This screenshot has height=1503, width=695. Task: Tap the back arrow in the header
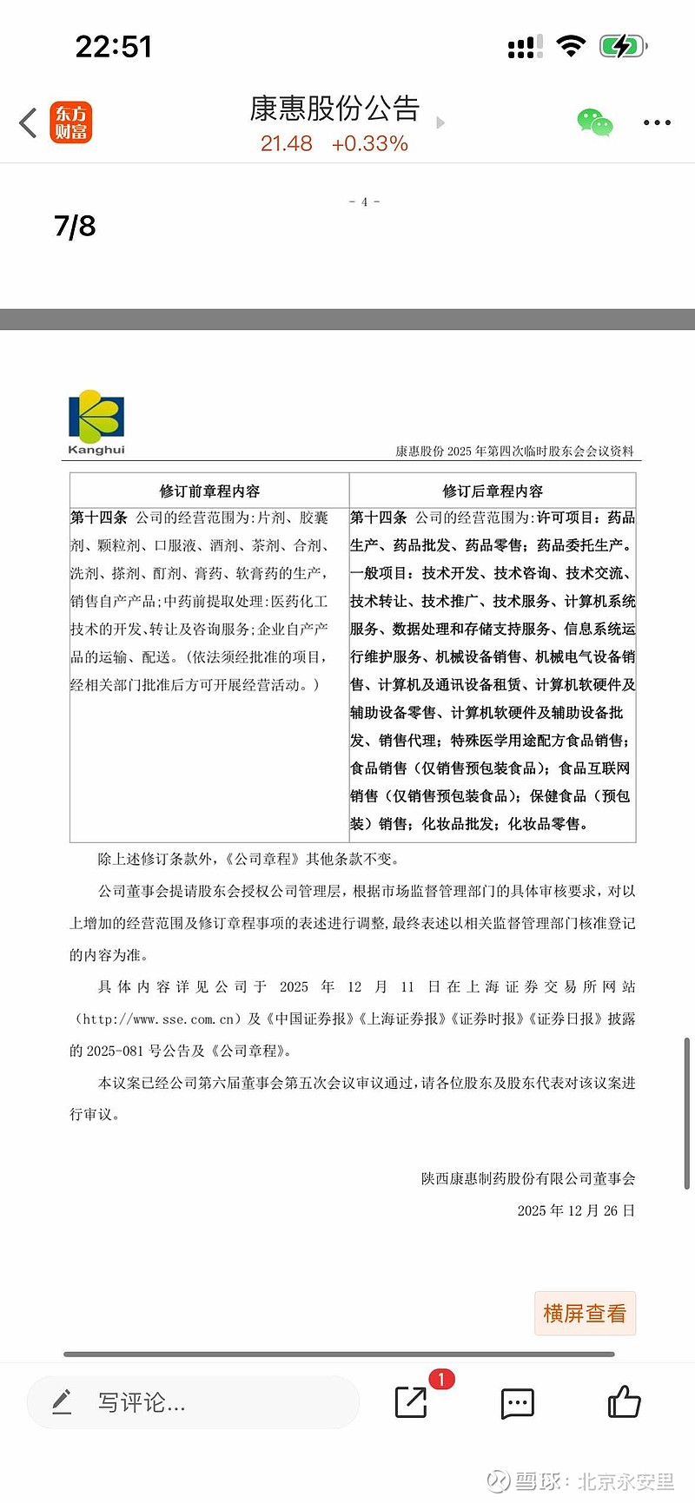coord(29,122)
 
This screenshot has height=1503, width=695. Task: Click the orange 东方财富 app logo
coord(70,122)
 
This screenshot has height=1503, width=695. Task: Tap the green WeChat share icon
coord(595,122)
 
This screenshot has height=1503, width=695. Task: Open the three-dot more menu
coord(657,122)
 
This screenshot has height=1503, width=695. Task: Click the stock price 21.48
coord(286,144)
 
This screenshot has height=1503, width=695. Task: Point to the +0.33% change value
coord(370,144)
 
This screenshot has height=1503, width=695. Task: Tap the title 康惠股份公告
coord(334,109)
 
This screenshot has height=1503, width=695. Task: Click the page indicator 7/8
coord(75,226)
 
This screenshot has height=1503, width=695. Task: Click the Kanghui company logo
coord(96,421)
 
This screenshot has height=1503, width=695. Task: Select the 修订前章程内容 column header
coord(209,491)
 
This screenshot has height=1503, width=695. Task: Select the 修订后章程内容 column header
coord(493,491)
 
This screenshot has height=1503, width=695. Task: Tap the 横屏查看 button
coord(585,1313)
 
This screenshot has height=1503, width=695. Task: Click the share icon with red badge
coord(412,1401)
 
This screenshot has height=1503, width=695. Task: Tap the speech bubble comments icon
coord(517,1403)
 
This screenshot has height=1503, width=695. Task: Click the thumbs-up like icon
coord(624,1401)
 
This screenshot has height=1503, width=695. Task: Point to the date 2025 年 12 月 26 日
coord(576,1210)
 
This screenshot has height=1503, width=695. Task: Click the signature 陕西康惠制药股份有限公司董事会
coord(528,1178)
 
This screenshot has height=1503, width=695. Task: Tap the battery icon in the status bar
coord(622,46)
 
